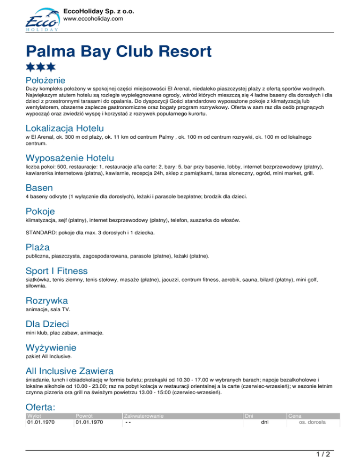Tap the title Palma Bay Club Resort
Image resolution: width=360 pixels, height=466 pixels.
(x=119, y=51)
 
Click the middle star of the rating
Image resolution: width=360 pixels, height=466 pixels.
(x=41, y=68)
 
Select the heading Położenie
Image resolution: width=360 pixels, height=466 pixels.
(x=45, y=80)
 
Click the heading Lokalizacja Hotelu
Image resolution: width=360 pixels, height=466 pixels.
(x=65, y=128)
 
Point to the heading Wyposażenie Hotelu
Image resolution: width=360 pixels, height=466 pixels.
(x=70, y=158)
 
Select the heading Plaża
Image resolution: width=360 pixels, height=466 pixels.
(x=38, y=247)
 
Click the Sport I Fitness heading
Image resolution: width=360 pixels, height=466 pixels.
(x=57, y=271)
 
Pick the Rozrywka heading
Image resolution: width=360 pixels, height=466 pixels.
(x=47, y=300)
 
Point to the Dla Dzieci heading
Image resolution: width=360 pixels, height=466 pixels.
(x=47, y=323)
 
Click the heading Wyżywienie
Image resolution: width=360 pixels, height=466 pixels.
(x=51, y=348)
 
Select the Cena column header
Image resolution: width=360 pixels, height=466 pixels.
(x=295, y=415)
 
